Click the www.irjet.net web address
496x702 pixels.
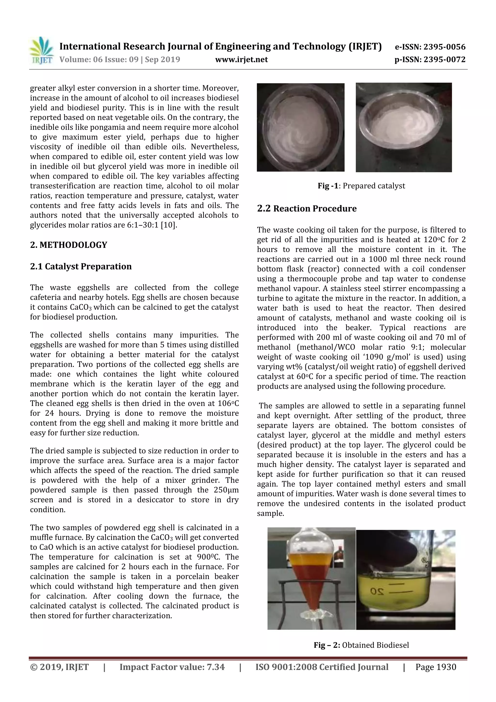(x=241, y=60)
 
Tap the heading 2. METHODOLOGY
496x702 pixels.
(x=69, y=245)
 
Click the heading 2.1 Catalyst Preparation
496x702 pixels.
(x=81, y=266)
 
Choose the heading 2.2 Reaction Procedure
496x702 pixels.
(x=307, y=209)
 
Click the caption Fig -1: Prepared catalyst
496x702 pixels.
(x=361, y=186)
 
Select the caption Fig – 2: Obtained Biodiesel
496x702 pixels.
(x=361, y=645)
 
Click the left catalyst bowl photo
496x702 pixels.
(x=300, y=127)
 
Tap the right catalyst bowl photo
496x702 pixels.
(x=403, y=127)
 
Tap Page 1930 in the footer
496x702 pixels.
(x=435, y=667)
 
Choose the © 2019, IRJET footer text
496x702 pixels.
(x=59, y=667)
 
